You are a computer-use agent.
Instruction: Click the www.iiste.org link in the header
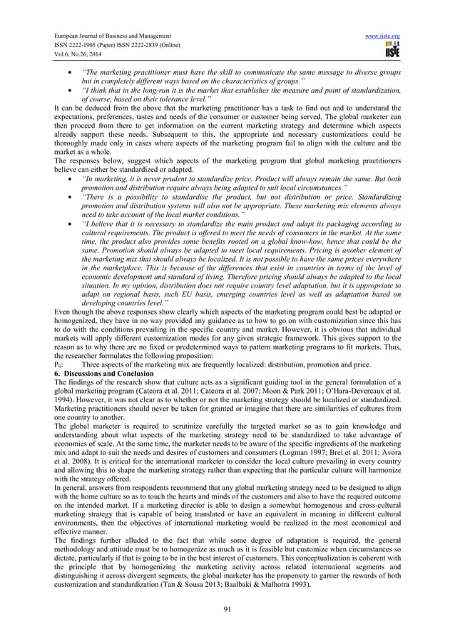pos(384,35)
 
